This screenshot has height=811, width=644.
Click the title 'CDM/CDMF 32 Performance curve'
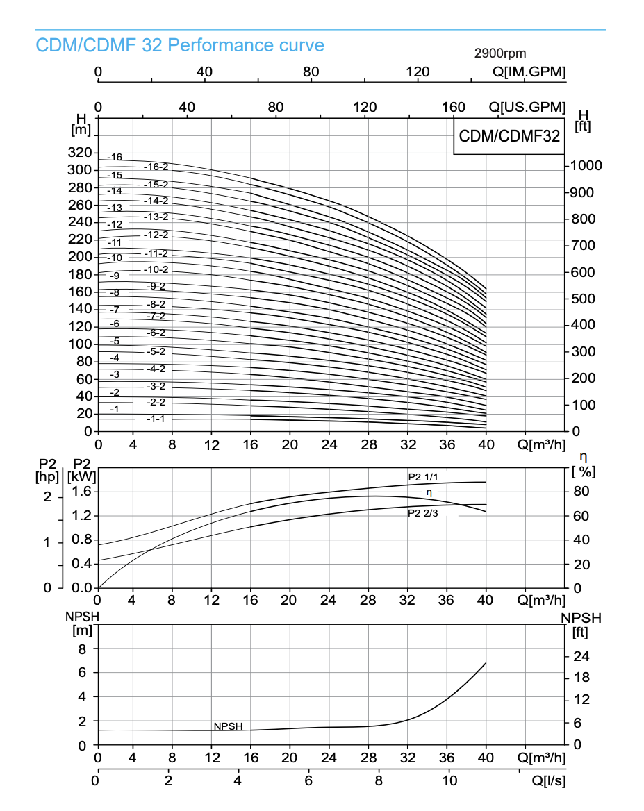[180, 46]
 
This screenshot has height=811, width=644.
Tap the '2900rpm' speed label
[500, 53]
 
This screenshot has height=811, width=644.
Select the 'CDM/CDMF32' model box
[509, 136]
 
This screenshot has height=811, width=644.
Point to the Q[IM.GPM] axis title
[529, 72]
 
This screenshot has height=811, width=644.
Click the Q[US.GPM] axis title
[527, 108]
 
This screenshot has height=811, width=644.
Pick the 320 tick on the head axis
[80, 153]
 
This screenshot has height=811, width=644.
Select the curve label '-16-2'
[156, 167]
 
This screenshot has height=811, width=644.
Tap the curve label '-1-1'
[156, 419]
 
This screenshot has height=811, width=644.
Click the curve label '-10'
[115, 258]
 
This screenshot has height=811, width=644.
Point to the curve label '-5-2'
[156, 351]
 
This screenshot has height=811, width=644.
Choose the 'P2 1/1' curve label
[422, 477]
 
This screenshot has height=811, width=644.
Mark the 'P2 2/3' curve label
[422, 514]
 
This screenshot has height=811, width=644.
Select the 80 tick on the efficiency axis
[581, 492]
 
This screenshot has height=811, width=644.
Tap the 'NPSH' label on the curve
[228, 726]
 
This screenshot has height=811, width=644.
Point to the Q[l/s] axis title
[549, 780]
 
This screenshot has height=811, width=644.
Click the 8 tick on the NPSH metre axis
[82, 649]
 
